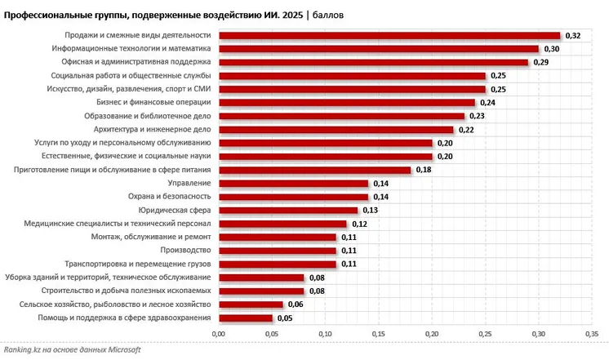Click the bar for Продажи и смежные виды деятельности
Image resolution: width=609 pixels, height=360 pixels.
tap(389, 35)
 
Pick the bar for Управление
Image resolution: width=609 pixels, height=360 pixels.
tap(293, 183)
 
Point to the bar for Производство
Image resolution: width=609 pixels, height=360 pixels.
tap(277, 250)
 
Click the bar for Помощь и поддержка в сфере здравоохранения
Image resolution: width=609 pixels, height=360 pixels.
tap(245, 318)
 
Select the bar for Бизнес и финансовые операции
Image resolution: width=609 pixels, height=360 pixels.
tap(346, 103)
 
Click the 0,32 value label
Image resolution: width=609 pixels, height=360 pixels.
tap(572, 36)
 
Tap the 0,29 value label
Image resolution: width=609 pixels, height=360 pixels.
tap(540, 63)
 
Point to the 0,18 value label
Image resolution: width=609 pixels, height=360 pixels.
tap(423, 170)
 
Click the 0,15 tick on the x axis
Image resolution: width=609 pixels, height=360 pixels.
tap(379, 333)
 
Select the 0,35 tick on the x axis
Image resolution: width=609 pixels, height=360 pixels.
tap(592, 333)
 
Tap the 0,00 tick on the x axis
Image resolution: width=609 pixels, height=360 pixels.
tap(218, 333)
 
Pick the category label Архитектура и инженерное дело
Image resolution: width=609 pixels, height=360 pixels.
tap(153, 129)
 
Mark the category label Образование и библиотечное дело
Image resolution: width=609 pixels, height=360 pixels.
tap(148, 116)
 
